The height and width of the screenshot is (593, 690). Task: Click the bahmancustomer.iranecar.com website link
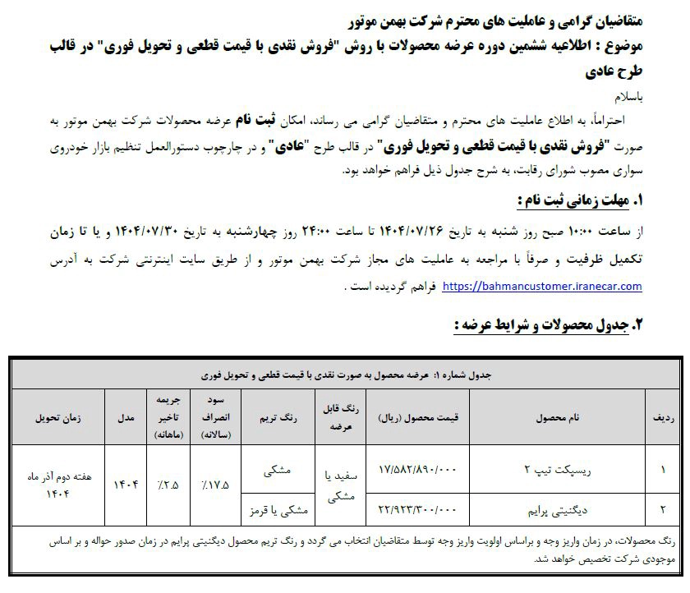(x=542, y=287)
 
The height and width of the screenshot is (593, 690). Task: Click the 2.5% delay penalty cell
(x=168, y=485)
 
